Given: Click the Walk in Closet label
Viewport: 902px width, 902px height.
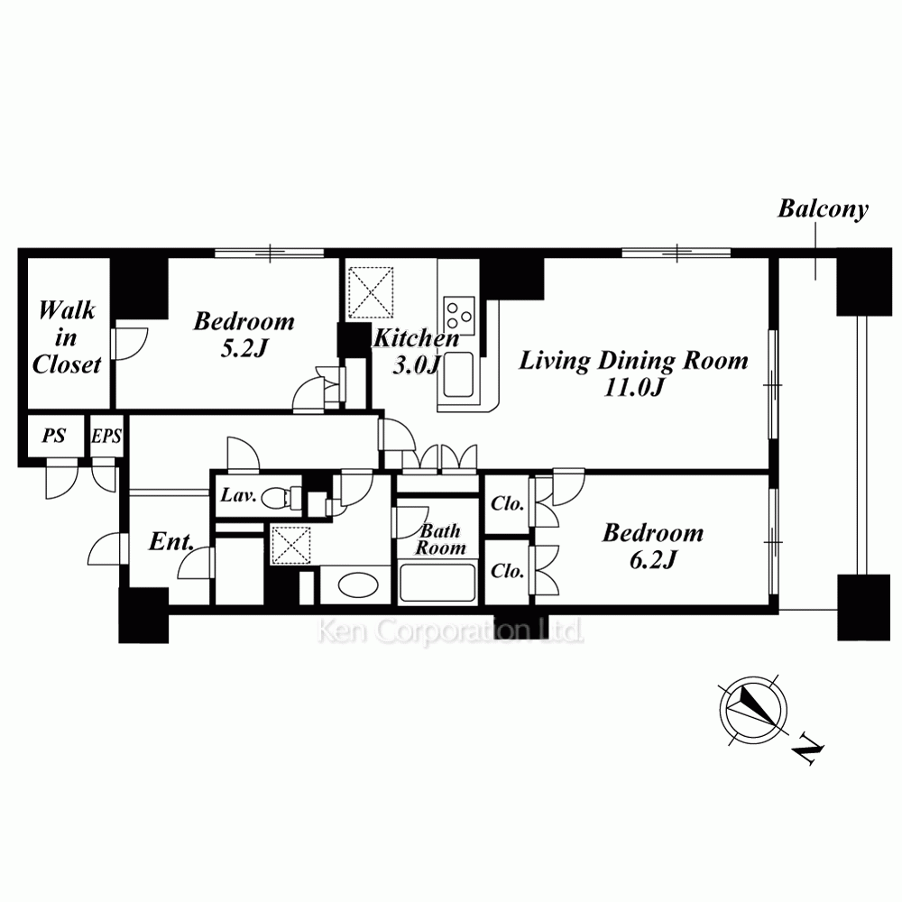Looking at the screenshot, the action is (67, 337).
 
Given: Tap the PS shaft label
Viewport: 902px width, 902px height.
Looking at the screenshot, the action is (53, 436).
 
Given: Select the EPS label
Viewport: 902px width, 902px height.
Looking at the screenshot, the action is (106, 436).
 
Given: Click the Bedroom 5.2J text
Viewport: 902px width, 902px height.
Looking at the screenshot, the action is (244, 335).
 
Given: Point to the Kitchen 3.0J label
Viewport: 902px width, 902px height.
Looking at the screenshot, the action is (416, 351).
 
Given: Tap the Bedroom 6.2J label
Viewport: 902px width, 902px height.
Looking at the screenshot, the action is (653, 546).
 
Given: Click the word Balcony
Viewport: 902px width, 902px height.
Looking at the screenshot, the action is (823, 209).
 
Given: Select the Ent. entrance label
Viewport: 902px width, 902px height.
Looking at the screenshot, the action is (170, 541).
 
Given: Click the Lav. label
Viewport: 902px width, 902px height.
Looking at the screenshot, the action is (238, 494).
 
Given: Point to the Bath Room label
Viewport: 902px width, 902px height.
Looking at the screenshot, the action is (440, 539).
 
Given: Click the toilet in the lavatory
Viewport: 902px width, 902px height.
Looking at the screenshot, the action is (281, 498).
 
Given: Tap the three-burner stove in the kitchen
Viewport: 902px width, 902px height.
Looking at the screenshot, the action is (459, 316).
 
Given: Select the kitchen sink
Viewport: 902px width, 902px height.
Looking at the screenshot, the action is (458, 374).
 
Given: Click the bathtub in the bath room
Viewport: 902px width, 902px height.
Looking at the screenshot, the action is (437, 582).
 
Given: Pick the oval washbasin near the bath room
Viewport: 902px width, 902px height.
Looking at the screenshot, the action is (358, 585).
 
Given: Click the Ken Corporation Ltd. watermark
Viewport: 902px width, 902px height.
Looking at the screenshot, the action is (450, 631).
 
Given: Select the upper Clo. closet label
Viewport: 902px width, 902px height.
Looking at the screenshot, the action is (507, 504).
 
